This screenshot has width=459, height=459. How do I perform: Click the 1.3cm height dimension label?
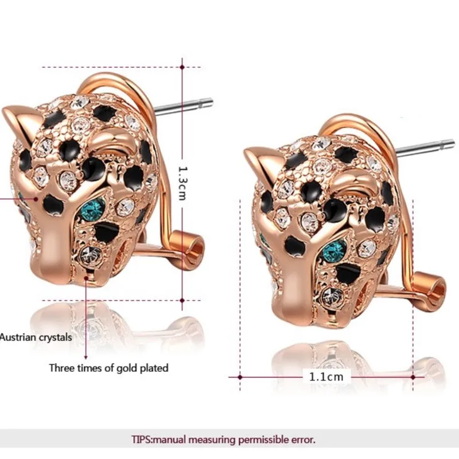point(182,183)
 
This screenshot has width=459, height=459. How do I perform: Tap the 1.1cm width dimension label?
point(326,377)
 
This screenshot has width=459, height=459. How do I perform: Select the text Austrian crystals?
point(36,337)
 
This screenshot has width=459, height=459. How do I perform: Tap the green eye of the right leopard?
point(334,250)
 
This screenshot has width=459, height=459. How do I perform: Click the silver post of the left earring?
point(184,106)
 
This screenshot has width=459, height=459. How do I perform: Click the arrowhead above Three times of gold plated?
point(85,357)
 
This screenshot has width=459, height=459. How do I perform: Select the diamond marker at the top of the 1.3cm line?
point(182,67)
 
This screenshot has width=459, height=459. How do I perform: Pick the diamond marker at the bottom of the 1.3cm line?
point(182,300)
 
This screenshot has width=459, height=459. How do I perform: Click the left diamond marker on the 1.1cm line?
point(240,377)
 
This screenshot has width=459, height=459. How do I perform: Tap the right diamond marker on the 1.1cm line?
point(413,377)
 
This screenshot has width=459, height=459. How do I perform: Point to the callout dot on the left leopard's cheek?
point(36,199)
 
